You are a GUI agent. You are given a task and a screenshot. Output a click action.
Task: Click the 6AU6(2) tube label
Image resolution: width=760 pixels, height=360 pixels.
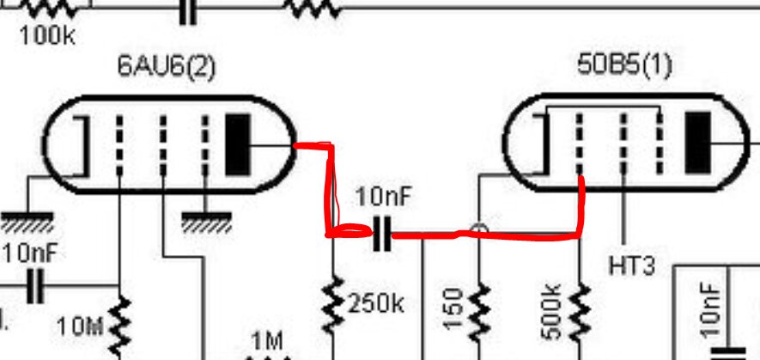166,66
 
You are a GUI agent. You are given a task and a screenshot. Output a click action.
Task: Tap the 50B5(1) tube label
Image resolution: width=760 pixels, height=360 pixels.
625,64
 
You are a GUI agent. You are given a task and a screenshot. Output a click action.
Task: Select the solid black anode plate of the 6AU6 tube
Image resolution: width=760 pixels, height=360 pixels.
238,144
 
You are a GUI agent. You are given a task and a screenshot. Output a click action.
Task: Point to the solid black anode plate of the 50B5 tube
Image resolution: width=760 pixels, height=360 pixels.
697,142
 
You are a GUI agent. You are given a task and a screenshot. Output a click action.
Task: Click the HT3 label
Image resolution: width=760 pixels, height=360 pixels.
631,265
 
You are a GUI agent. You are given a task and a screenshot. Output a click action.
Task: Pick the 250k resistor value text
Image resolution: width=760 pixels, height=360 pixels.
376,304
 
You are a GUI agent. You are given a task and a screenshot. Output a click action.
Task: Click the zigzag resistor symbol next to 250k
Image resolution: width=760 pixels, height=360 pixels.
333,305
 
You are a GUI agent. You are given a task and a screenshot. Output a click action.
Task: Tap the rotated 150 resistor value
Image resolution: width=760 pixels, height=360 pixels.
454,309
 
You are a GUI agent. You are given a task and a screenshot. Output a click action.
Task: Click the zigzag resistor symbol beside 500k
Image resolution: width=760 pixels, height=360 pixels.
581,311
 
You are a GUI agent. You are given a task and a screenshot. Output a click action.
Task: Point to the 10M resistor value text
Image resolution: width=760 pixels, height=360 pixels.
81,327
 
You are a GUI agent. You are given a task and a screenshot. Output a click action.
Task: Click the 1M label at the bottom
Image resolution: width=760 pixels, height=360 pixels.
268,342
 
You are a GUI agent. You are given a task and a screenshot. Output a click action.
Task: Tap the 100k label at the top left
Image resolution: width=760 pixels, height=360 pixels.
47,36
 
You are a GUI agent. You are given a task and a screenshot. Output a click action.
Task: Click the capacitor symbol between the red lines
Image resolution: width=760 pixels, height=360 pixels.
382,234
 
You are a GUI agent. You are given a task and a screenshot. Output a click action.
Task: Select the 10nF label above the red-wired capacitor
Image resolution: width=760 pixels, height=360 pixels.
383,197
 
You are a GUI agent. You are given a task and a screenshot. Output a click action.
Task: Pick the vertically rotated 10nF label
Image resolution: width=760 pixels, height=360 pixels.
710,310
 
